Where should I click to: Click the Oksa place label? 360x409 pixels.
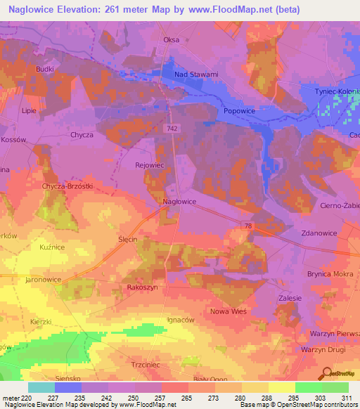coord(171,39)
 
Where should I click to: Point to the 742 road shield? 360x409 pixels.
coord(173,129)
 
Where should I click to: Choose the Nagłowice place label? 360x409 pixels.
coord(179,201)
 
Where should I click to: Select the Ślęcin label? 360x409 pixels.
coord(128,240)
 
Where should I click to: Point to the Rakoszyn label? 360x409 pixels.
coord(146,287)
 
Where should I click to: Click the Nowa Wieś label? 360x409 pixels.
coord(226,310)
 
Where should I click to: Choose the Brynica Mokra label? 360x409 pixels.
coord(328,274)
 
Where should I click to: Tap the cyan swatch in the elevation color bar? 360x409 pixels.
coord(41,387)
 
